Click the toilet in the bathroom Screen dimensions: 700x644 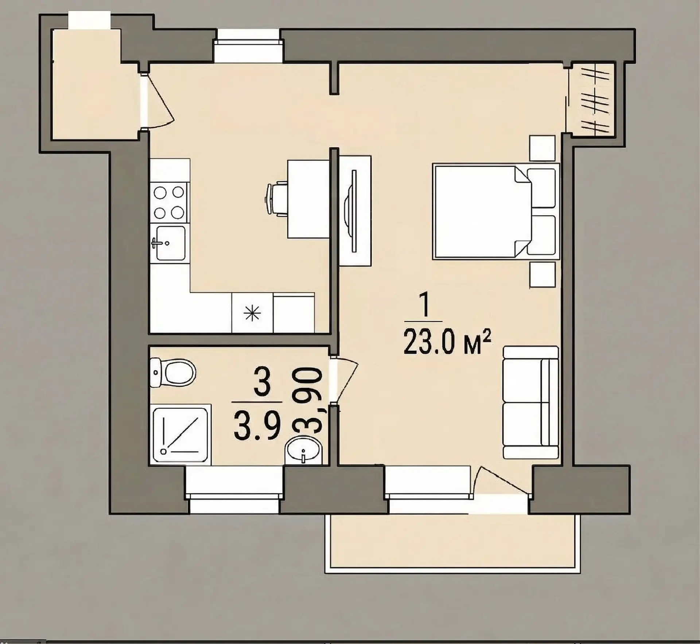[173, 373]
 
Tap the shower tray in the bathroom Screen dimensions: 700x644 [180, 434]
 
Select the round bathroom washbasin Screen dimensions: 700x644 [304, 451]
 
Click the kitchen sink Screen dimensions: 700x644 [170, 243]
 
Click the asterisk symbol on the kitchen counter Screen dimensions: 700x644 [252, 313]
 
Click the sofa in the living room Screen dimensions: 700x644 [530, 402]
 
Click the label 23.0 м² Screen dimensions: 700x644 [448, 342]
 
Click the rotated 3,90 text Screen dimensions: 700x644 [307, 400]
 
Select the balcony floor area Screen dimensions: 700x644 [452, 544]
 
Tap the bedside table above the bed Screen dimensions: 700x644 [542, 148]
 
